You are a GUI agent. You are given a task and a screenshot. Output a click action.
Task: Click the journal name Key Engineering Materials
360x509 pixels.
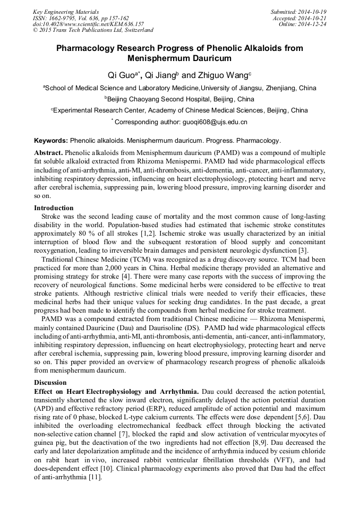(66, 11)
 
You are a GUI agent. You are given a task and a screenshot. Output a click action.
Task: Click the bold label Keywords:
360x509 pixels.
(50, 141)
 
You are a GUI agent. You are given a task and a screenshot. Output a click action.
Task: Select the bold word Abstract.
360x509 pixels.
(48, 152)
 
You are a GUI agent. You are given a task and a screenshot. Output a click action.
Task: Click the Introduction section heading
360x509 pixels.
(54, 208)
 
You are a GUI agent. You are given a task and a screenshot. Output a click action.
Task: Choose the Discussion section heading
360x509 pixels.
(50, 383)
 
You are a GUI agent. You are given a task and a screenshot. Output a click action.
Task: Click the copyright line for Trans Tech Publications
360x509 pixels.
(93, 30)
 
